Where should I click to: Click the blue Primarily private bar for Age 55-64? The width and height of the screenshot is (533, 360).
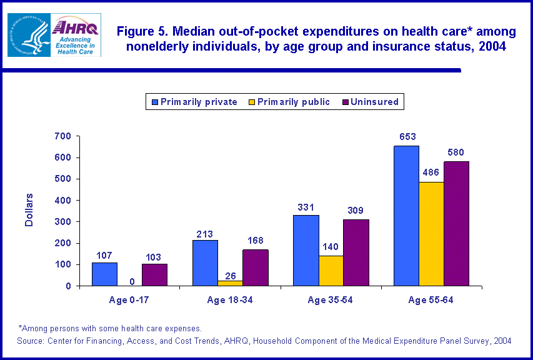pyautogui.click(x=406, y=216)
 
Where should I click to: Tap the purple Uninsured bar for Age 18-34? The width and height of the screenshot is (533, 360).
pyautogui.click(x=255, y=267)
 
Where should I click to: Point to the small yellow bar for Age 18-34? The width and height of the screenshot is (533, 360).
pyautogui.click(x=230, y=283)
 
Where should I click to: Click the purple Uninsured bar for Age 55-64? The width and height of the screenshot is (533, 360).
pyautogui.click(x=456, y=223)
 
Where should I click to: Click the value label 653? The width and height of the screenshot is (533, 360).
pyautogui.click(x=407, y=137)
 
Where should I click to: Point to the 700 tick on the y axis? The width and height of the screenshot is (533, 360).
pyautogui.click(x=64, y=136)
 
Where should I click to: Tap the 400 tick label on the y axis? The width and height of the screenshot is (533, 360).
pyautogui.click(x=64, y=201)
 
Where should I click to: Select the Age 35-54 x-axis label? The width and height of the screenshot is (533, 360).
pyautogui.click(x=331, y=301)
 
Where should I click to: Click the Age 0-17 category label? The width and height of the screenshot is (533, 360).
pyautogui.click(x=129, y=301)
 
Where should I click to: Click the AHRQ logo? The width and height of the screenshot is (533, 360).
pyautogui.click(x=76, y=34)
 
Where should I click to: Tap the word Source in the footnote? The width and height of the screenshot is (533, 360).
pyautogui.click(x=32, y=341)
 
